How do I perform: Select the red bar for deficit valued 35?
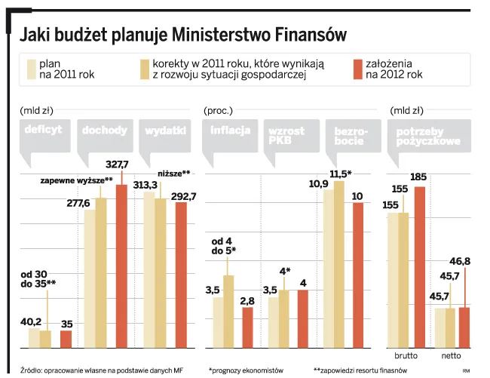(66, 339)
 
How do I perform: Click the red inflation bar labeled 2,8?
(248, 327)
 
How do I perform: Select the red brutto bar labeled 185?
(420, 267)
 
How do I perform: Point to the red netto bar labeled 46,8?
(464, 327)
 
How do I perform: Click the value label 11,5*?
(341, 174)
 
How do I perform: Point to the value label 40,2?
(31, 321)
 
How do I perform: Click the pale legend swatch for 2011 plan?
(32, 69)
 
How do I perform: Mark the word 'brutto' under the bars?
(406, 355)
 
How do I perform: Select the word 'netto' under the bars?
(451, 355)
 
